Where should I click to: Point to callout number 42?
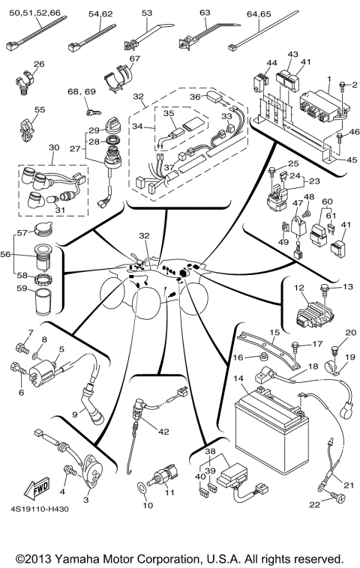(163, 432)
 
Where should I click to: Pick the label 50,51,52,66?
(34, 13)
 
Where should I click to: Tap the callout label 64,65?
(257, 13)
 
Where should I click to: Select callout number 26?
(39, 64)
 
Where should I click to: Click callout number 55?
(39, 109)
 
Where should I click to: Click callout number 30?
(52, 148)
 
